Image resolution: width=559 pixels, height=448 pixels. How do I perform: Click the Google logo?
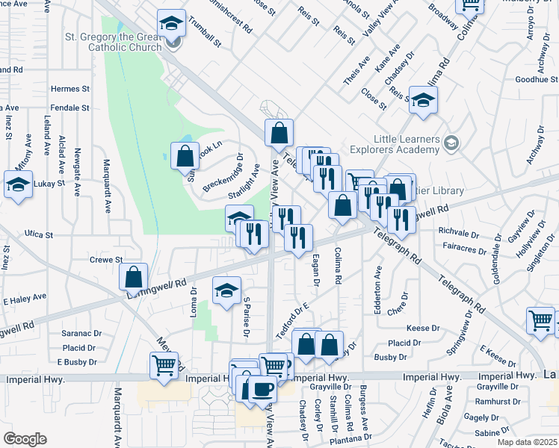tap(25, 439)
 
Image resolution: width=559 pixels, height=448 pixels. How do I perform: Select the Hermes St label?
tap(70, 89)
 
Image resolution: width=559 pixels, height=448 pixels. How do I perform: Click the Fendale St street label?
tap(70, 108)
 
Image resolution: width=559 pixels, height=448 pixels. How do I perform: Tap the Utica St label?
tap(39, 234)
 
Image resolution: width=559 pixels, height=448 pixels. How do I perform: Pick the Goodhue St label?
tap(537, 79)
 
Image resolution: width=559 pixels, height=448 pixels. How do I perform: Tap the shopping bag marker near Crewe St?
tap(133, 277)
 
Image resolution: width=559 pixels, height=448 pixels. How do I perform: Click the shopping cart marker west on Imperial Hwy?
tap(164, 366)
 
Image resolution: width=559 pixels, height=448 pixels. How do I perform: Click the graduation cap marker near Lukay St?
tap(18, 184)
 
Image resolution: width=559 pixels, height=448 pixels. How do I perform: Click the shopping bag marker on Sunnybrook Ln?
tap(185, 157)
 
